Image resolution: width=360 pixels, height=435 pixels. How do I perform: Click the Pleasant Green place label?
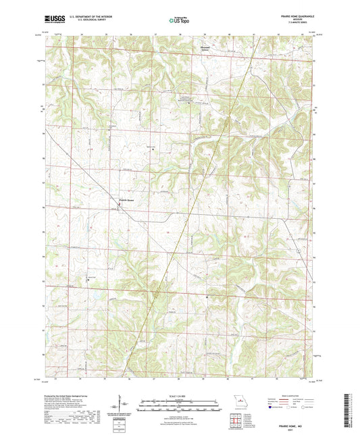(211, 48)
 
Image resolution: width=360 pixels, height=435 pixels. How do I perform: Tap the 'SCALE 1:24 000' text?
(179, 396)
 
